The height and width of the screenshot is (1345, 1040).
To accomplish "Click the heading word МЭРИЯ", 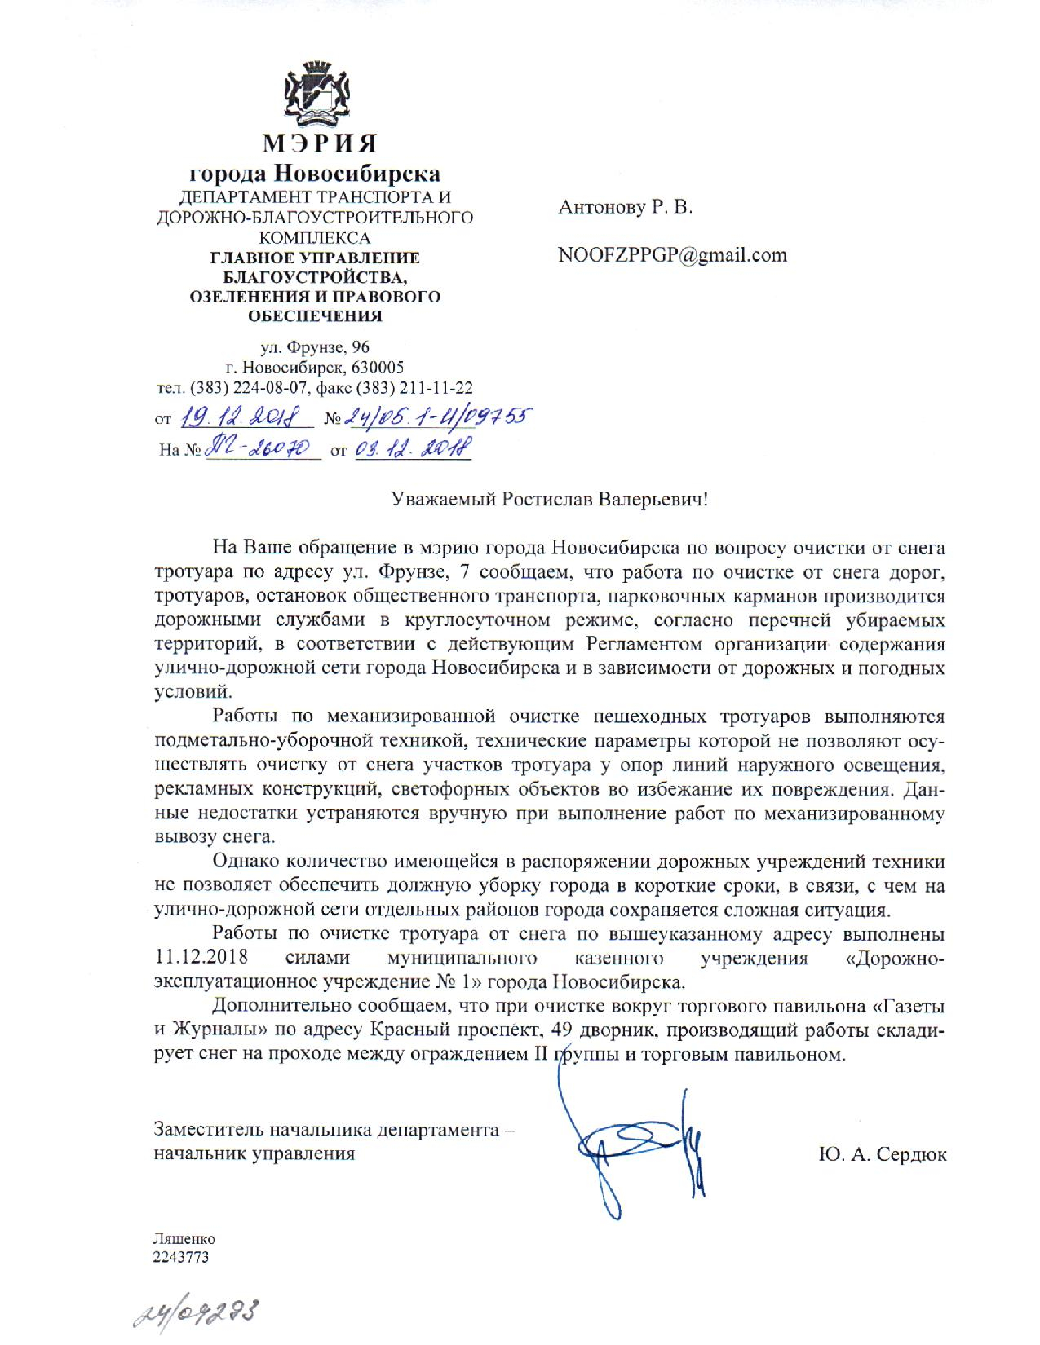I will click(x=319, y=144).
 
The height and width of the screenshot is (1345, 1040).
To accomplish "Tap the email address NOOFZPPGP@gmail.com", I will click(x=672, y=255).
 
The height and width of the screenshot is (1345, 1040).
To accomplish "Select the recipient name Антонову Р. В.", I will click(x=625, y=207).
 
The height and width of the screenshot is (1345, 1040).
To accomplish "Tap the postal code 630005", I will click(x=377, y=367).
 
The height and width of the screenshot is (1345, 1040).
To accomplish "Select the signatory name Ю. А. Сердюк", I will click(x=882, y=1154).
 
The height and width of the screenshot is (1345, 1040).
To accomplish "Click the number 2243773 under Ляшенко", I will click(x=181, y=1257).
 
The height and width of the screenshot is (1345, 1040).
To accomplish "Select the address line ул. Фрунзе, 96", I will click(x=315, y=348).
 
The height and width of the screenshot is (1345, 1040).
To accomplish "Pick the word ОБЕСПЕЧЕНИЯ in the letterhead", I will click(x=315, y=315).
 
